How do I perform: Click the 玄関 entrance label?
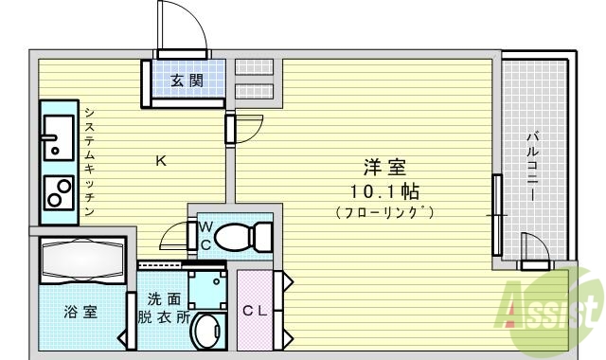[x=187, y=81]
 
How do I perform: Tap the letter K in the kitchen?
[x=161, y=160]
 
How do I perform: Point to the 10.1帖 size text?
[x=386, y=190]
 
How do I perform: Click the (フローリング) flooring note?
[x=385, y=212]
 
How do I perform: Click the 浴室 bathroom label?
[x=80, y=311]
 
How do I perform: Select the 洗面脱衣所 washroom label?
[x=164, y=305]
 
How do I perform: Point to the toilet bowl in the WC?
[x=241, y=236]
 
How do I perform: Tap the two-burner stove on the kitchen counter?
[x=60, y=192]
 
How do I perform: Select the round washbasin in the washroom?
[x=206, y=332]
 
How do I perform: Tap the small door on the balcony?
[x=533, y=249]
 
